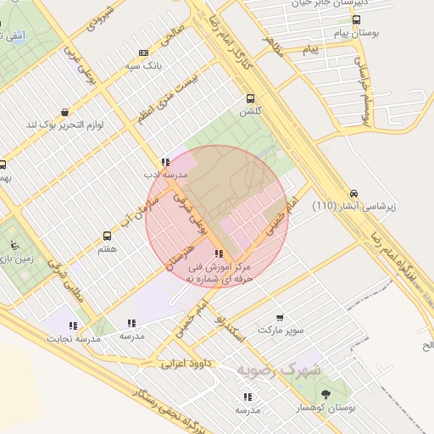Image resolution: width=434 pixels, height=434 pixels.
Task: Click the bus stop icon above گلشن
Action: click(x=249, y=97)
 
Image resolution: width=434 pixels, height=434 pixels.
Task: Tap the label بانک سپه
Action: click(x=142, y=64)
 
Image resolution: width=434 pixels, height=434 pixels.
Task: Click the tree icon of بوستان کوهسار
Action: click(x=325, y=394)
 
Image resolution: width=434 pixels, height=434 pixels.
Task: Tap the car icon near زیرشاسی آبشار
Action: click(x=353, y=192)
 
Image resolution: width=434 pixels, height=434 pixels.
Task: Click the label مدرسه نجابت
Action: click(x=78, y=338)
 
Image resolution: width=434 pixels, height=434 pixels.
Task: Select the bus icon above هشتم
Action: click(x=107, y=236)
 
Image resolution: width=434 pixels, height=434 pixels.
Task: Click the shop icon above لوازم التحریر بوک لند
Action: click(x=65, y=111)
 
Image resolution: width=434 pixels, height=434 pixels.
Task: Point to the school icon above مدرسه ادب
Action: click(x=164, y=161)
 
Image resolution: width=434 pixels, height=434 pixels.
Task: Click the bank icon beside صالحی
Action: click(x=142, y=52)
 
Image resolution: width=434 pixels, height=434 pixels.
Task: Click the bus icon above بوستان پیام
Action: click(x=356, y=19)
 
